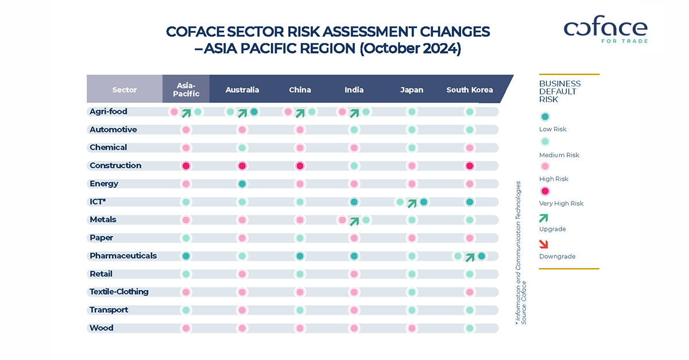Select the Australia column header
click(x=242, y=90)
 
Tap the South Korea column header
click(x=470, y=90)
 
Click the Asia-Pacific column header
click(x=186, y=90)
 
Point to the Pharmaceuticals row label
click(x=123, y=256)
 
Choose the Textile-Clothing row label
click(x=119, y=292)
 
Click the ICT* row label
click(x=98, y=202)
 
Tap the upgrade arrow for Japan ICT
click(x=412, y=202)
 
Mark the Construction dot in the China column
click(x=300, y=166)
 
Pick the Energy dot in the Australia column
click(x=242, y=184)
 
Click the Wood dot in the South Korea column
click(x=470, y=328)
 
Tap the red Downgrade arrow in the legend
click(x=544, y=244)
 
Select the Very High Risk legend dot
click(x=544, y=191)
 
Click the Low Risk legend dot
click(x=544, y=117)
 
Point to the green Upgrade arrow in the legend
click(x=544, y=218)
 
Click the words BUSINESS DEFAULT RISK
click(x=560, y=91)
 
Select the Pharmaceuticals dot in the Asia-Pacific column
click(x=186, y=256)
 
